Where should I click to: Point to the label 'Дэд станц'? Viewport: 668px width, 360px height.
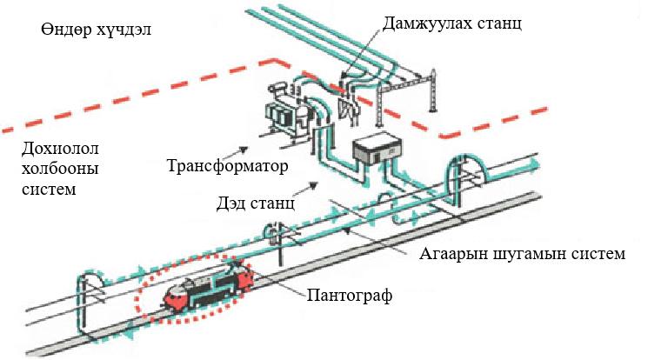point(256,206)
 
